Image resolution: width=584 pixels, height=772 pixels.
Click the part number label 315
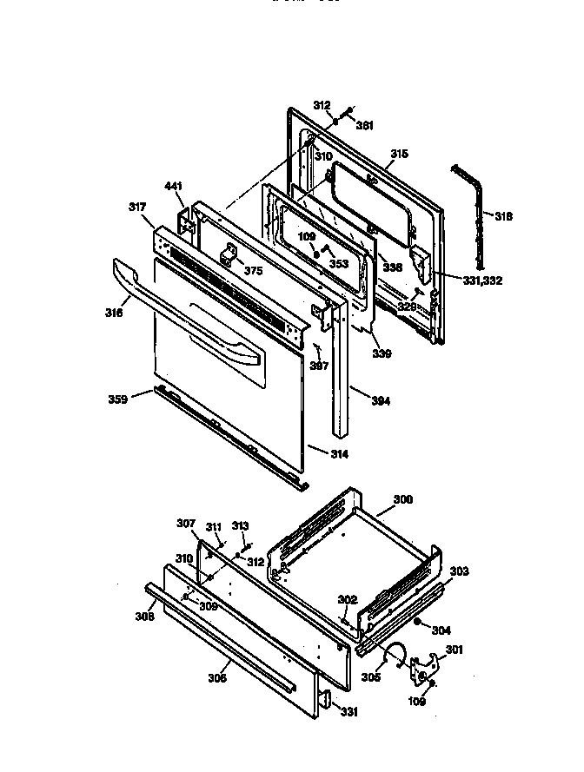coord(398,154)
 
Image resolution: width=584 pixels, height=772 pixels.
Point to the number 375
coord(253,271)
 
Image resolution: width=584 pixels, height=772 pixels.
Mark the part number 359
coord(117,399)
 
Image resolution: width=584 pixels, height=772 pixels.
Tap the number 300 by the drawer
coord(403,500)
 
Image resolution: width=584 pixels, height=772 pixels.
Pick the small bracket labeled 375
coord(231,256)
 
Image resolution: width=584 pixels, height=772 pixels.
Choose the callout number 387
coord(320,366)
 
